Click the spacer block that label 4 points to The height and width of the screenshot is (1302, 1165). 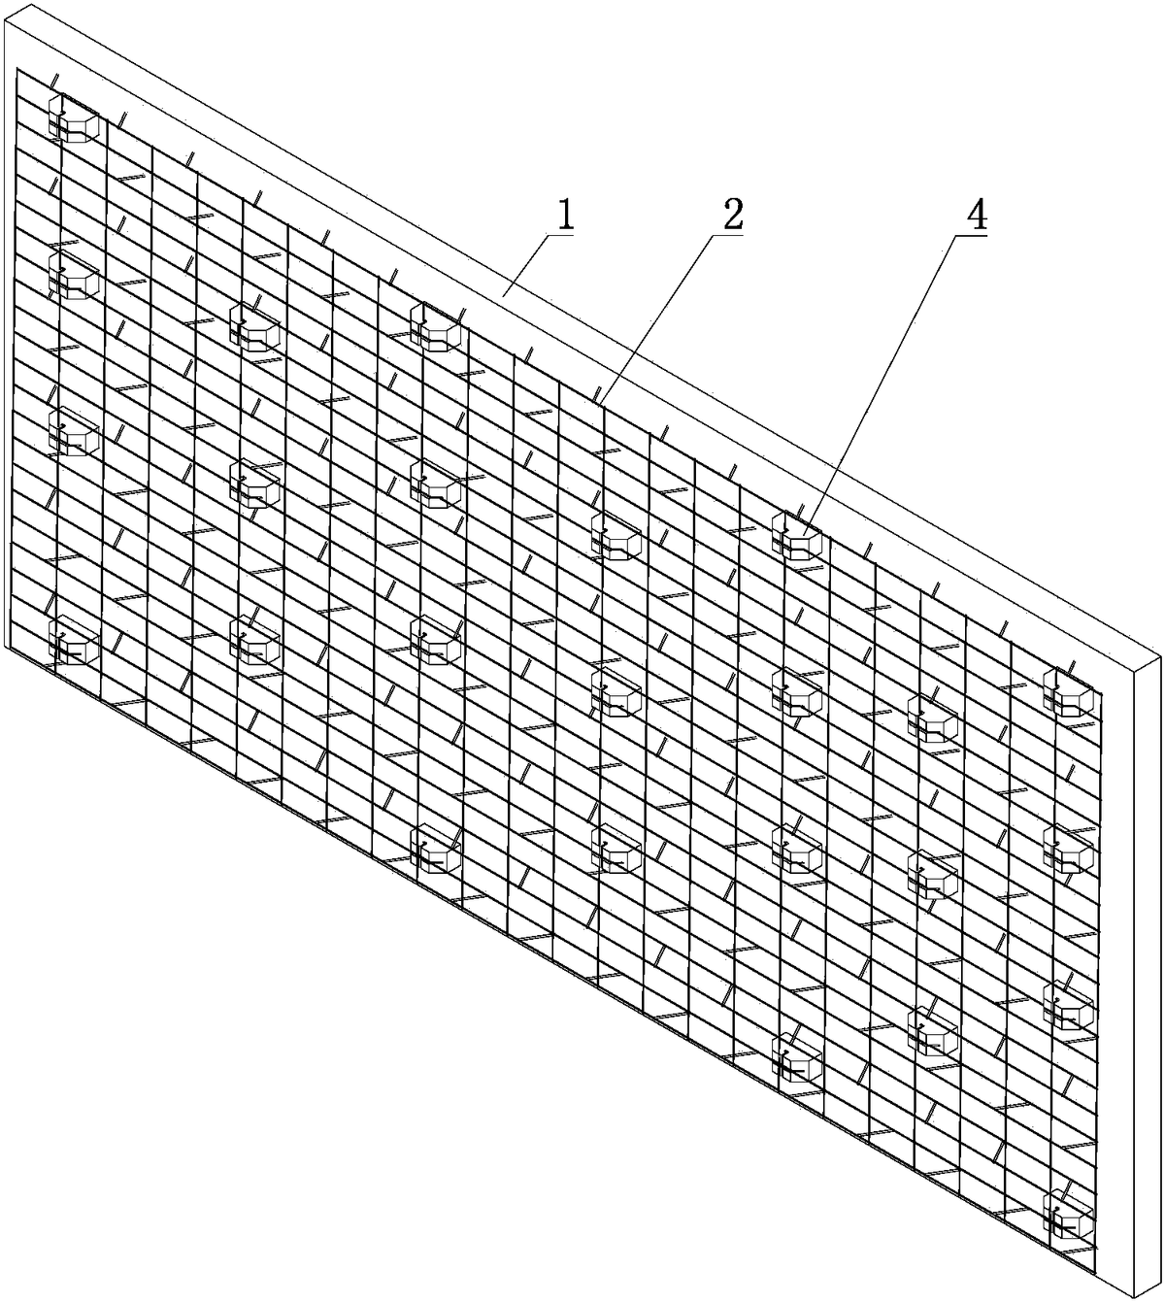(x=797, y=535)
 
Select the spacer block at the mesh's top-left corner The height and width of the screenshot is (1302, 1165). (x=74, y=119)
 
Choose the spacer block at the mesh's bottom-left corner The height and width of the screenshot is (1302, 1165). (x=74, y=640)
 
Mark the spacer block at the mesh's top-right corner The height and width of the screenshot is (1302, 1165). (x=1068, y=693)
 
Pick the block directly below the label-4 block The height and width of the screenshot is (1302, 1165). (x=797, y=693)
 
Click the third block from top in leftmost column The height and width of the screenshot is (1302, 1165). (x=74, y=432)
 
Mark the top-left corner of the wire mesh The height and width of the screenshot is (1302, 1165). (x=17, y=69)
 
